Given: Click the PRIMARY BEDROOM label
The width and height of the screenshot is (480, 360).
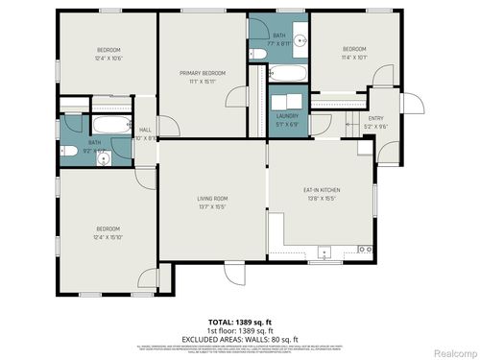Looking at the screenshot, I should tap(204, 73).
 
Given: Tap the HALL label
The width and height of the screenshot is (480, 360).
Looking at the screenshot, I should tap(145, 131).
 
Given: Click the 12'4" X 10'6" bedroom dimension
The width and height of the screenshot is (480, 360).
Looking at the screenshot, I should tap(108, 58).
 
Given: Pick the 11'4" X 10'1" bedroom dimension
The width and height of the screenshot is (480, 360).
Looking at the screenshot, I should tap(354, 57).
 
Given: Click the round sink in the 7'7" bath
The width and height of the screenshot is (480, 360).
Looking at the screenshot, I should tap(300, 40).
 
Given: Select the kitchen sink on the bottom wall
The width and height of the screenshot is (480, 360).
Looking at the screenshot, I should tap(324, 253).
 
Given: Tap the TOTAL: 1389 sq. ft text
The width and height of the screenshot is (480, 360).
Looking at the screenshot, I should tap(239, 322).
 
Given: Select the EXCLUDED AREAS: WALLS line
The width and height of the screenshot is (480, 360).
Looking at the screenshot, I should tap(240, 338).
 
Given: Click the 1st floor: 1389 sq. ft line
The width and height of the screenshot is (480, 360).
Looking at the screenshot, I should tap(239, 329).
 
